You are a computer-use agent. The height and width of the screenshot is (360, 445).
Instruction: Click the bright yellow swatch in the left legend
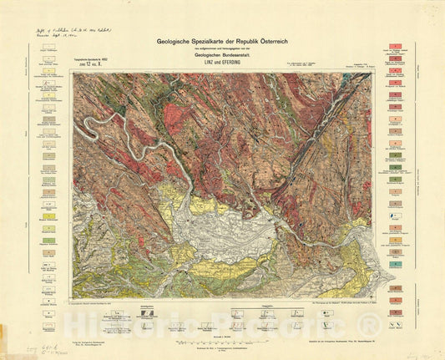pyautogui.click(x=49, y=216)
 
